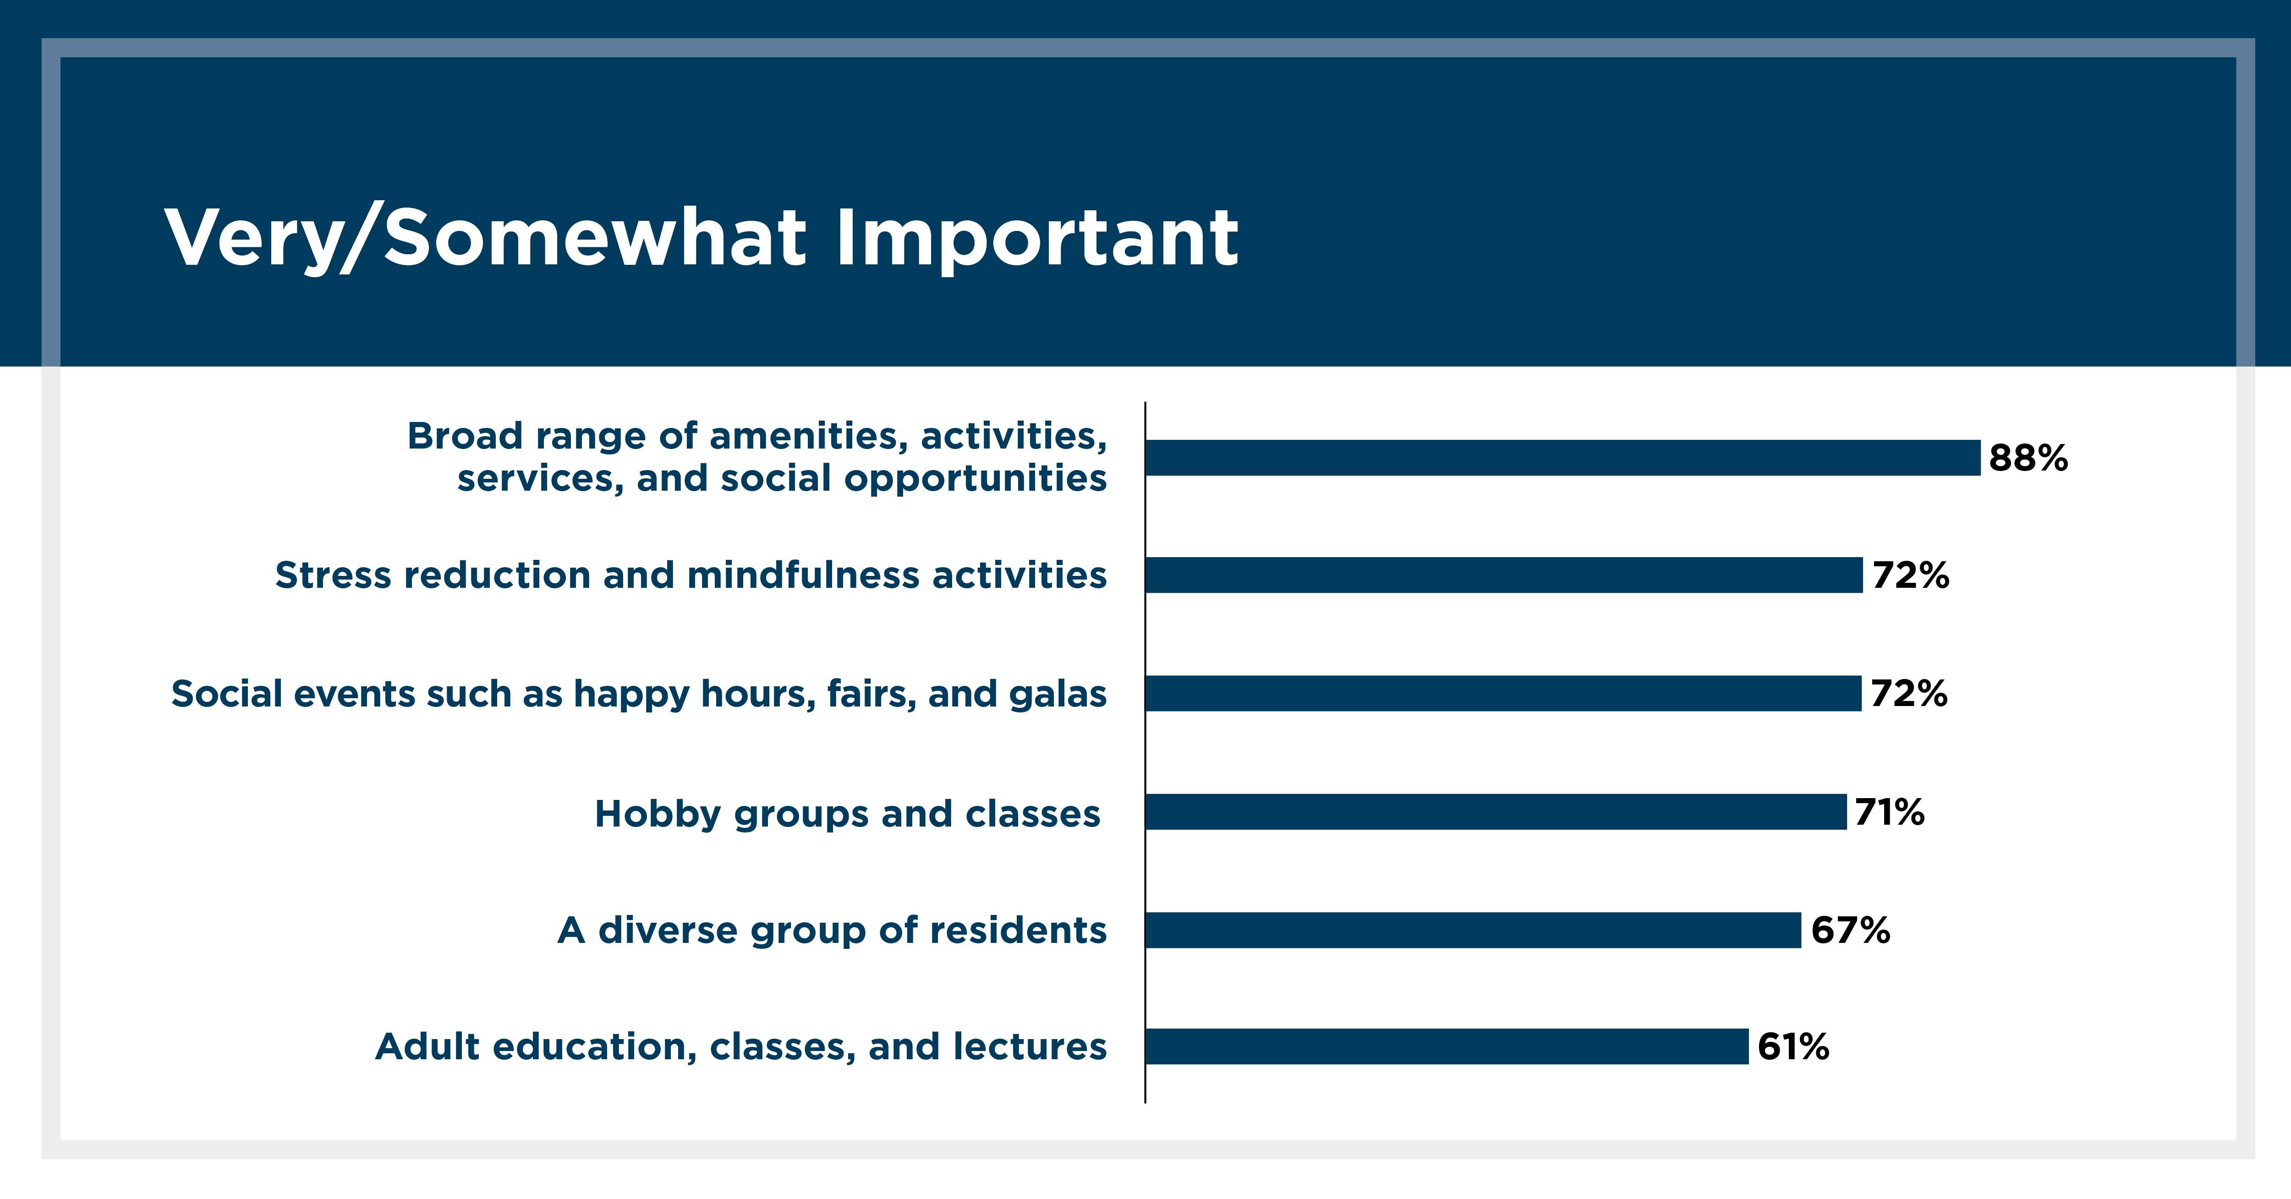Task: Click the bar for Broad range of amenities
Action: click(1562, 457)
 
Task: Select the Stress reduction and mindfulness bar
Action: click(1504, 575)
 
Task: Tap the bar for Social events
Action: click(1503, 693)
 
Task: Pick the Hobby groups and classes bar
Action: click(1496, 811)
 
